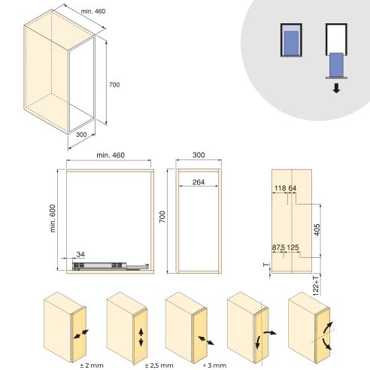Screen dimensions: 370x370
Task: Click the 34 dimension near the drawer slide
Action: pos(80,255)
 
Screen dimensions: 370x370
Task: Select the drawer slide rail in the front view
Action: pos(98,265)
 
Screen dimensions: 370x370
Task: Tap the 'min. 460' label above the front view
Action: pos(109,155)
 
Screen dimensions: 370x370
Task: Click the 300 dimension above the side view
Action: pos(198,155)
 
